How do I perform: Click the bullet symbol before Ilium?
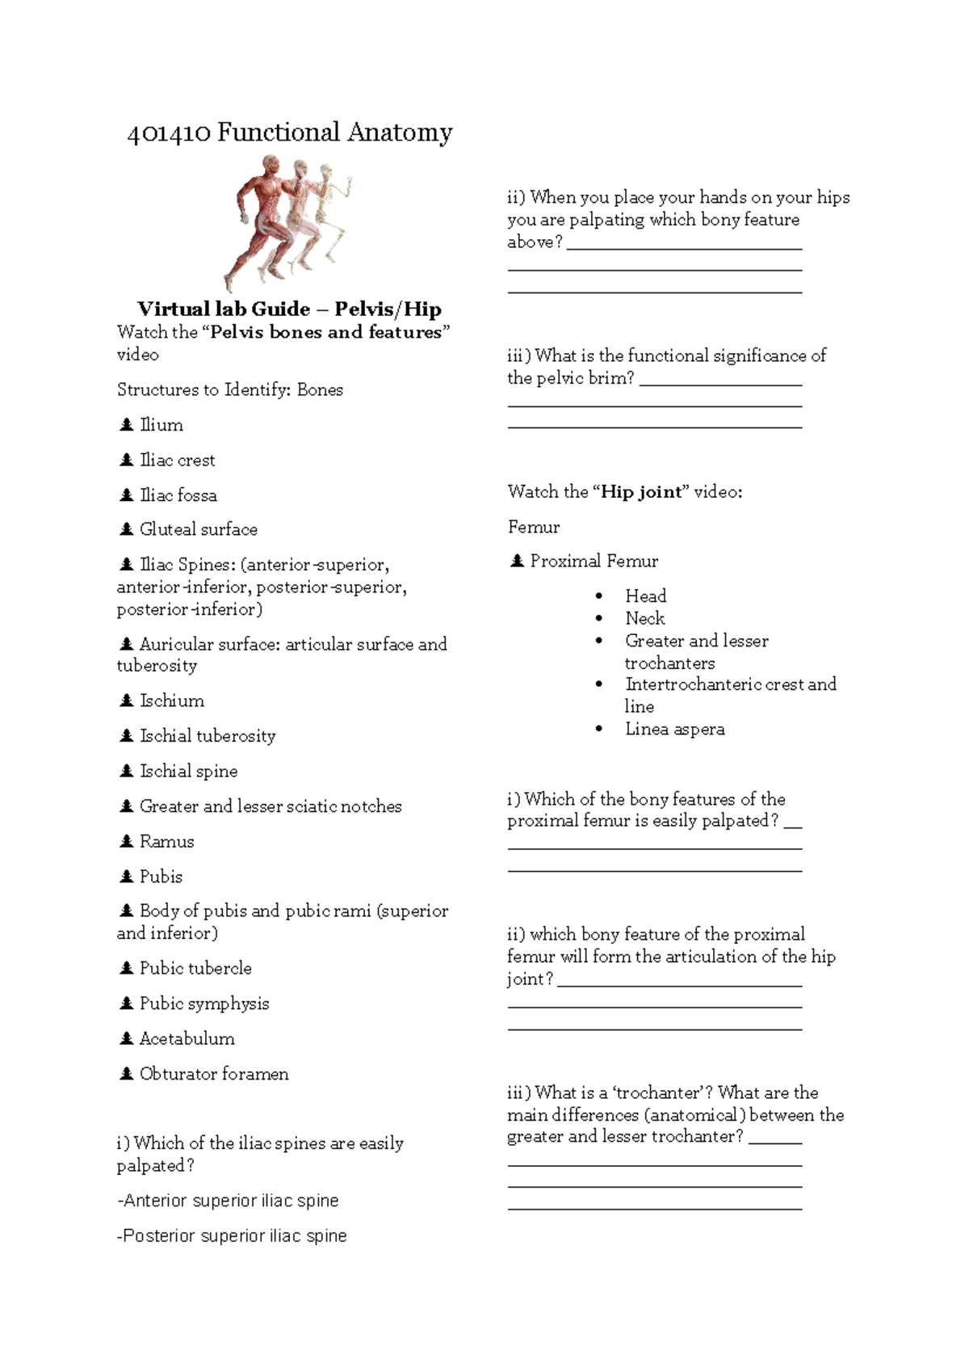126,424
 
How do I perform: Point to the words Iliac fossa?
178,495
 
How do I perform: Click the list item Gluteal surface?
198,529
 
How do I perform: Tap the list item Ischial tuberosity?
208,735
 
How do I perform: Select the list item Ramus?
166,841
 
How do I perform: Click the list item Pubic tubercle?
195,968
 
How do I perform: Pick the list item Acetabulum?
187,1038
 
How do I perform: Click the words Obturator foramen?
214,1074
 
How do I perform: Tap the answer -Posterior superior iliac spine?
232,1235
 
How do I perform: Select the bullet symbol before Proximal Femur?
517,561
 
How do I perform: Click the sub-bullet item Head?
645,596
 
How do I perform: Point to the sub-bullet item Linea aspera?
674,729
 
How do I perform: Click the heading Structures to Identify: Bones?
230,389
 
